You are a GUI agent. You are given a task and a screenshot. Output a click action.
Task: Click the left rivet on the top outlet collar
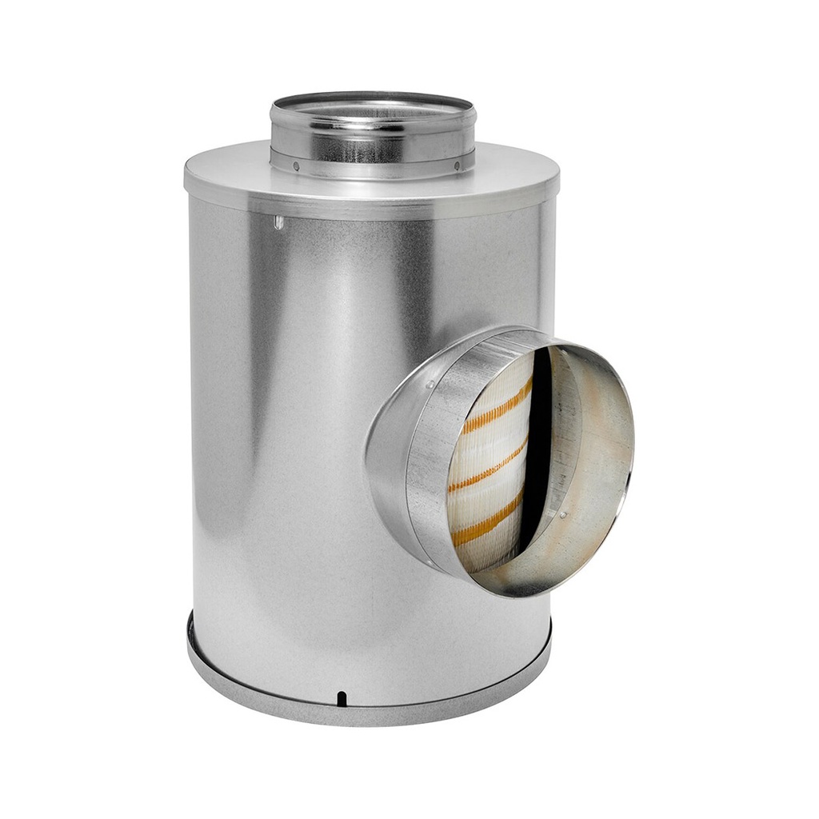[295, 167]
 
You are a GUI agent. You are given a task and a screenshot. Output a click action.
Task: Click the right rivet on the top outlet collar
[457, 167]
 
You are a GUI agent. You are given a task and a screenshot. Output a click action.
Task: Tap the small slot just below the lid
[278, 222]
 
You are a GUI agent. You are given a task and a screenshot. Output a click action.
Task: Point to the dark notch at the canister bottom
[342, 698]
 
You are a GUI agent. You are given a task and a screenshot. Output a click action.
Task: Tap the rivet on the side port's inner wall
[564, 515]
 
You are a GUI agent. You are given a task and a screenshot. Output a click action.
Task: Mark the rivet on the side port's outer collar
[429, 386]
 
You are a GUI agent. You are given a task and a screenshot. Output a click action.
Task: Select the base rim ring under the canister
[368, 712]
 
